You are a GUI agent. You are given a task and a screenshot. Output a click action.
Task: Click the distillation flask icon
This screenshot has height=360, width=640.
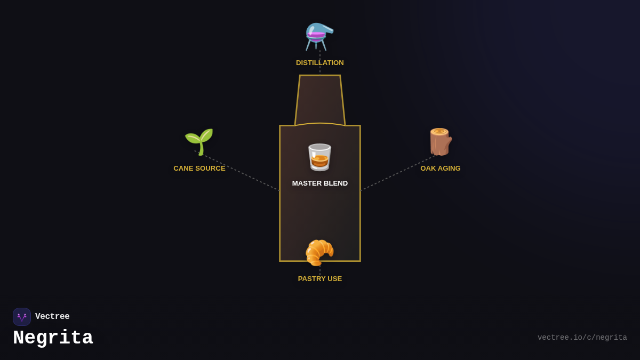(x=319, y=36)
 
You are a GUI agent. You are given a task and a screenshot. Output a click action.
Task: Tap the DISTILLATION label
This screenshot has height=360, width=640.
(x=320, y=63)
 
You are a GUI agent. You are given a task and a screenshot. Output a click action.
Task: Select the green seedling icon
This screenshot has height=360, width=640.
(x=199, y=141)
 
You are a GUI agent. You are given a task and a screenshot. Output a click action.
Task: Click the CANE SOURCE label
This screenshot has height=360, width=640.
(x=199, y=169)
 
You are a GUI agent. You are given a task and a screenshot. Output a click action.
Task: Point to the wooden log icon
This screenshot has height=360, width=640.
(x=440, y=142)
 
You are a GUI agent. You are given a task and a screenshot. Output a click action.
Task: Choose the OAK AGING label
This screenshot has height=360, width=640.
(x=441, y=169)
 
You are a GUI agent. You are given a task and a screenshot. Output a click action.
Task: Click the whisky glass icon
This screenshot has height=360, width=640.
(x=319, y=157)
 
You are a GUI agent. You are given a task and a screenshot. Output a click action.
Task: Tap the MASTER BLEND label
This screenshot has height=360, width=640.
(x=320, y=183)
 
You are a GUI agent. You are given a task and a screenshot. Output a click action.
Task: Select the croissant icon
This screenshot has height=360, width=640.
(x=319, y=252)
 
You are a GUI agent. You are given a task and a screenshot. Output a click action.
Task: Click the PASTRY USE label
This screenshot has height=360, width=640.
(x=320, y=279)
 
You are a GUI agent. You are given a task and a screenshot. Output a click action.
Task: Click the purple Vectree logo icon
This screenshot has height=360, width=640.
(x=22, y=317)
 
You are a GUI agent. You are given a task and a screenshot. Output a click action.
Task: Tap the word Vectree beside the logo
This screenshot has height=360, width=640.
(x=52, y=317)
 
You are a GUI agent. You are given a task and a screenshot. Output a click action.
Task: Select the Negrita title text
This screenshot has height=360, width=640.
(x=53, y=338)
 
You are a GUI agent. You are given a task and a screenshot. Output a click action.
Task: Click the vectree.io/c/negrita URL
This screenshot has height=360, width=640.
(x=582, y=338)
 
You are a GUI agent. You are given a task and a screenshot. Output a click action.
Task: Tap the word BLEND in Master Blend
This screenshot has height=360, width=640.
(x=335, y=183)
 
